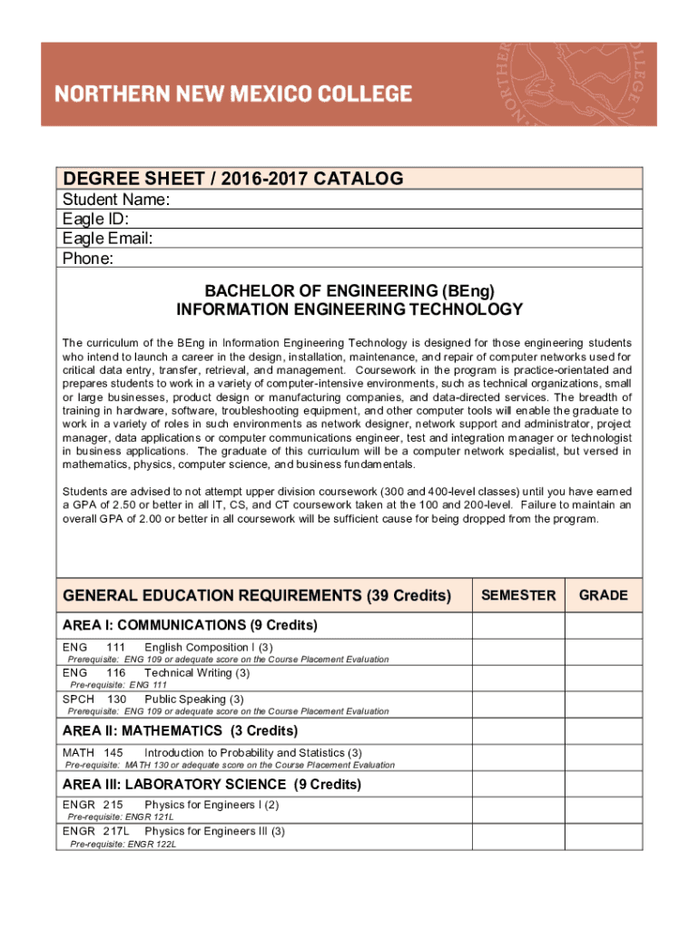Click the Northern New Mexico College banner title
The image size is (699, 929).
(x=233, y=93)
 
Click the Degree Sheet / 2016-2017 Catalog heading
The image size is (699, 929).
(x=232, y=179)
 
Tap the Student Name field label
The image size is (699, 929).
(x=116, y=200)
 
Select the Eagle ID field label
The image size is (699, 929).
(x=95, y=220)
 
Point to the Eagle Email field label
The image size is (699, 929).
(x=107, y=239)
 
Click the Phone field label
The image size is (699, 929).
(x=88, y=259)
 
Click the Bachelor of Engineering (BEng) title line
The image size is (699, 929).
(x=349, y=291)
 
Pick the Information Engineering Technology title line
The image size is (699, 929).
(x=349, y=309)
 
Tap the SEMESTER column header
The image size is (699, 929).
(x=518, y=595)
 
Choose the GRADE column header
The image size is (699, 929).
(x=604, y=595)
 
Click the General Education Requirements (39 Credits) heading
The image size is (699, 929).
(x=257, y=596)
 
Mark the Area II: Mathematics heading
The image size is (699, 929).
(x=180, y=730)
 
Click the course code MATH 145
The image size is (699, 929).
(x=93, y=753)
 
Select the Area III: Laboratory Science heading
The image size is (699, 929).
(x=212, y=784)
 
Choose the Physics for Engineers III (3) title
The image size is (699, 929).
(x=214, y=831)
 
